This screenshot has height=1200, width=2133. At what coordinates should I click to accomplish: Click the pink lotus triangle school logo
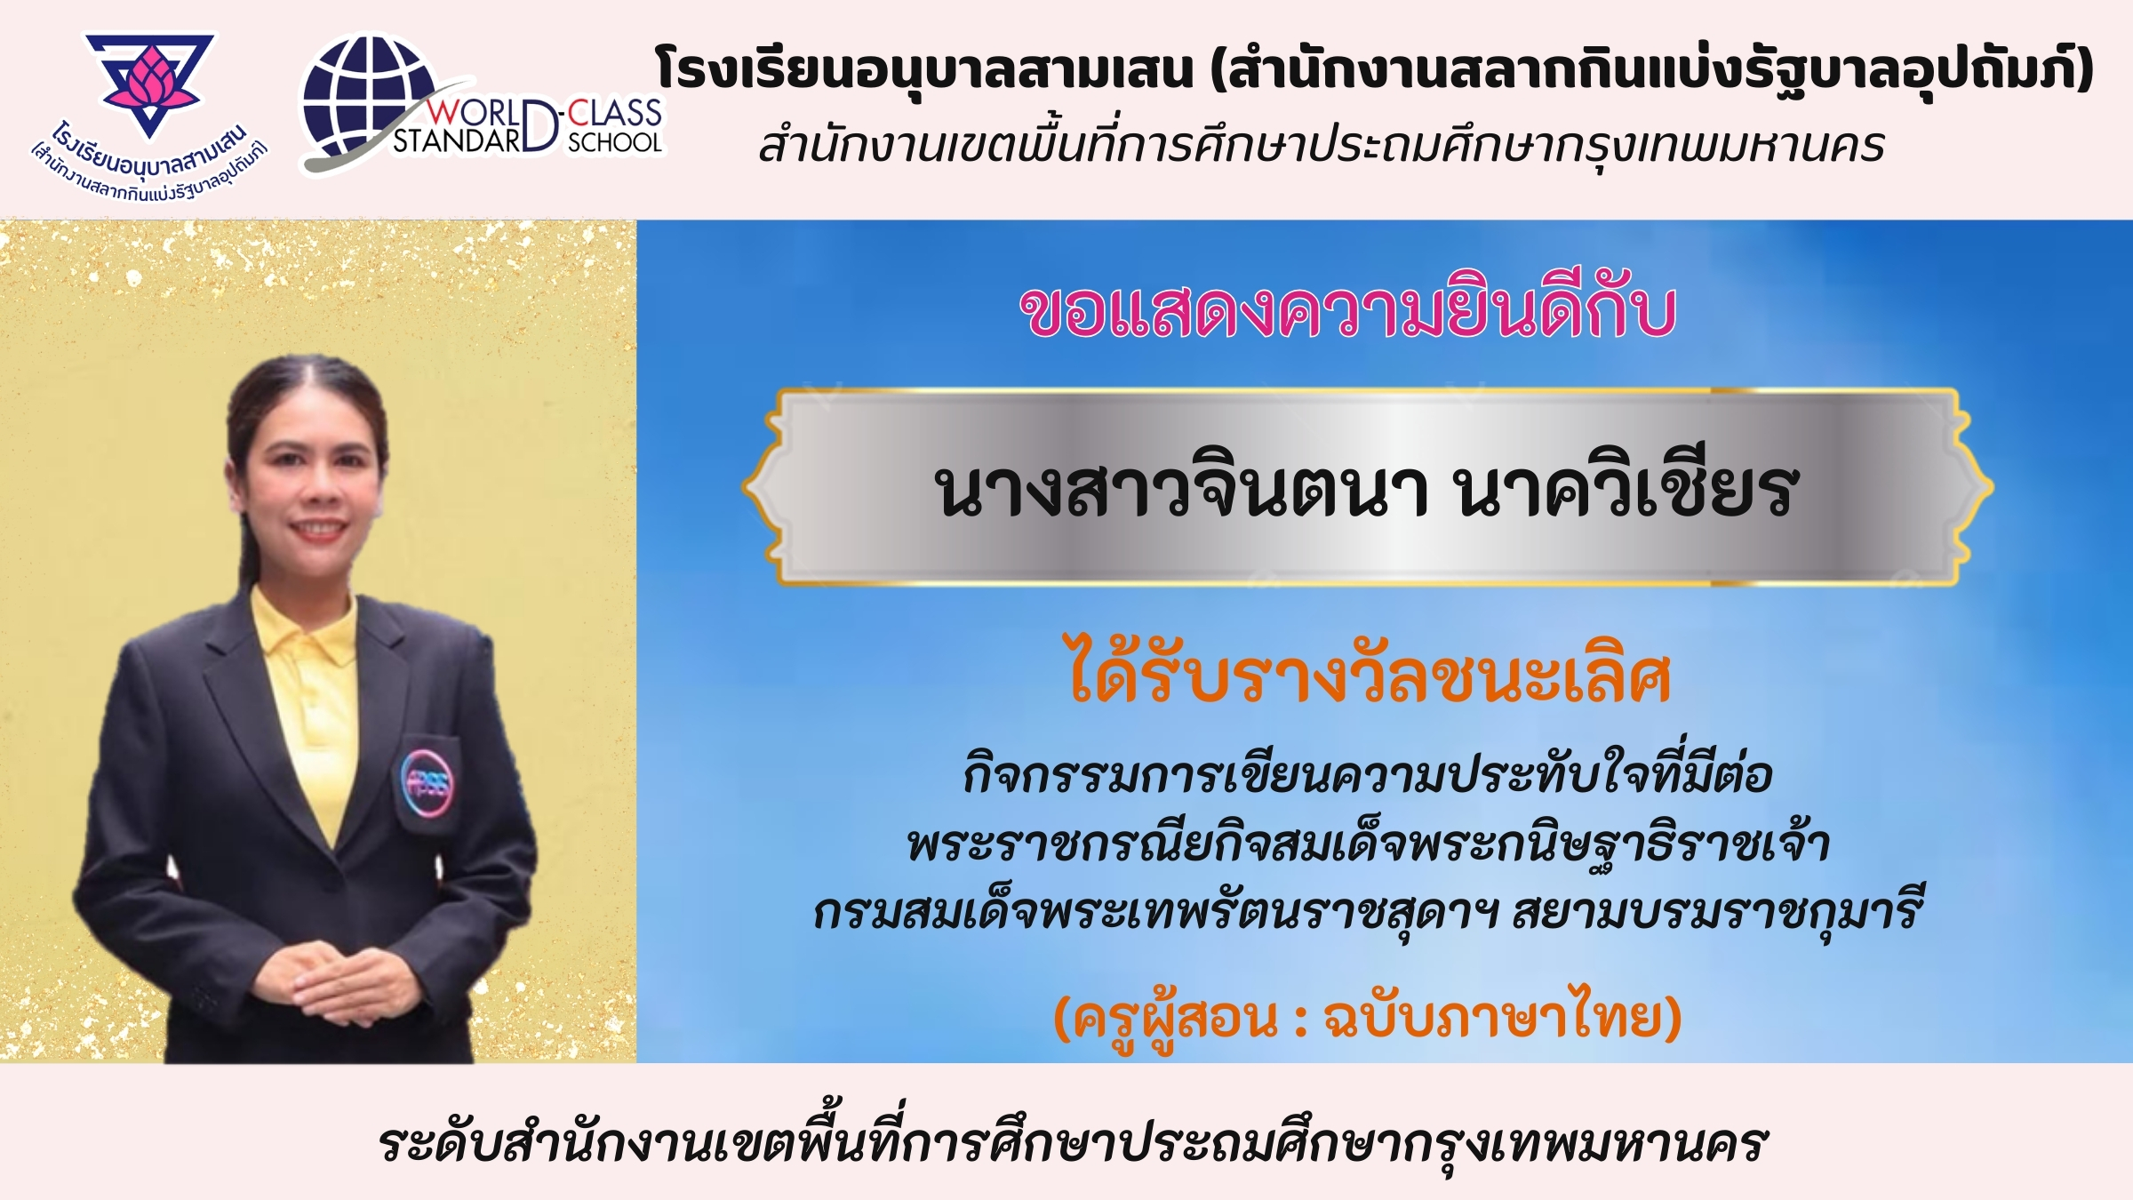pyautogui.click(x=149, y=84)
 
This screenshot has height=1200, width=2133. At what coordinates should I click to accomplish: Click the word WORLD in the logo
pyautogui.click(x=475, y=114)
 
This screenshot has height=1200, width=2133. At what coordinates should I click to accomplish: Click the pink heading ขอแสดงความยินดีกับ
pyautogui.click(x=1347, y=311)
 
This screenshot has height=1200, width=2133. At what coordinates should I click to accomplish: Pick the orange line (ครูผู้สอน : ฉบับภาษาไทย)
pyautogui.click(x=1367, y=1018)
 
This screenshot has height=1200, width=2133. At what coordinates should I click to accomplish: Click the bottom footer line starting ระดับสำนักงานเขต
pyautogui.click(x=1073, y=1144)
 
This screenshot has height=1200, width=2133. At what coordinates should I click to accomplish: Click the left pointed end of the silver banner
pyautogui.click(x=745, y=486)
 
